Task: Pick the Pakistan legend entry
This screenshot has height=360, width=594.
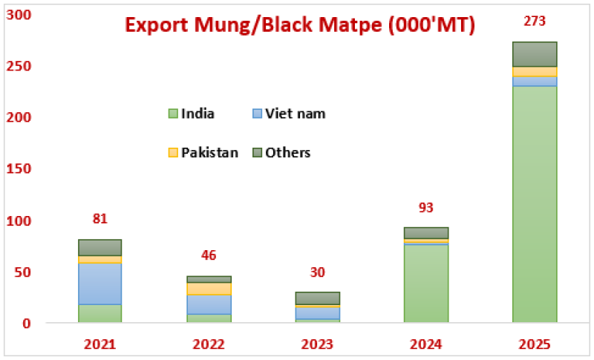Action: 203,152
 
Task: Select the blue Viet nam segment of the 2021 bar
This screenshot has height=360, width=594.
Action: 99,284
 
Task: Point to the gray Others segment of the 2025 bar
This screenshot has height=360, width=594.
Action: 535,54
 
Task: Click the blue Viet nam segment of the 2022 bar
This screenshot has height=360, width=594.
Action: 209,304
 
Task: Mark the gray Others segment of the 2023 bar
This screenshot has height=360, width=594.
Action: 318,298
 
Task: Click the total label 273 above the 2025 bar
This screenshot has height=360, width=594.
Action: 535,23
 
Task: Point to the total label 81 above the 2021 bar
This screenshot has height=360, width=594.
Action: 99,219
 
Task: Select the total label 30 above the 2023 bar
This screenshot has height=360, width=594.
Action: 318,272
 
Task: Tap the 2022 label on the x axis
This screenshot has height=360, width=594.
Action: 209,344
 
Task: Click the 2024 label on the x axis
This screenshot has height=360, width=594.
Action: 426,344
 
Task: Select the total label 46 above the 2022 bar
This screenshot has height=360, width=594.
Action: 209,256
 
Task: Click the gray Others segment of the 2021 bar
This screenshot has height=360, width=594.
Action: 99,247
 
